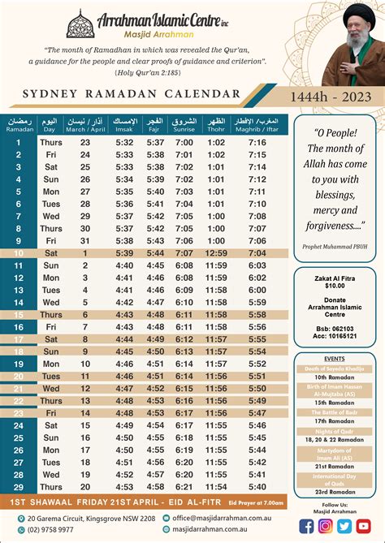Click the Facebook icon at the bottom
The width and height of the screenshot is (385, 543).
tap(306, 525)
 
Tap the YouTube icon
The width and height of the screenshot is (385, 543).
tap(363, 525)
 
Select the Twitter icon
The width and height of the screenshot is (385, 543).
tap(344, 525)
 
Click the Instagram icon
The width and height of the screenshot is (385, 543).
tap(325, 525)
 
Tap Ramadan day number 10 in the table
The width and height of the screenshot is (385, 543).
tap(19, 252)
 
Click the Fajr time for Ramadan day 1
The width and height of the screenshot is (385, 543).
tap(156, 143)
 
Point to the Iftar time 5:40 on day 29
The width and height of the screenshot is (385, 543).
tap(257, 486)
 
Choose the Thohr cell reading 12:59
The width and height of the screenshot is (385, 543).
tap(216, 252)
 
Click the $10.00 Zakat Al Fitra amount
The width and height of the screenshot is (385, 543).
tap(335, 286)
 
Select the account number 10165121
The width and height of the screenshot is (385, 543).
tap(335, 335)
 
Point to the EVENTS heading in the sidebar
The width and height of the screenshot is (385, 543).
tap(335, 357)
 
